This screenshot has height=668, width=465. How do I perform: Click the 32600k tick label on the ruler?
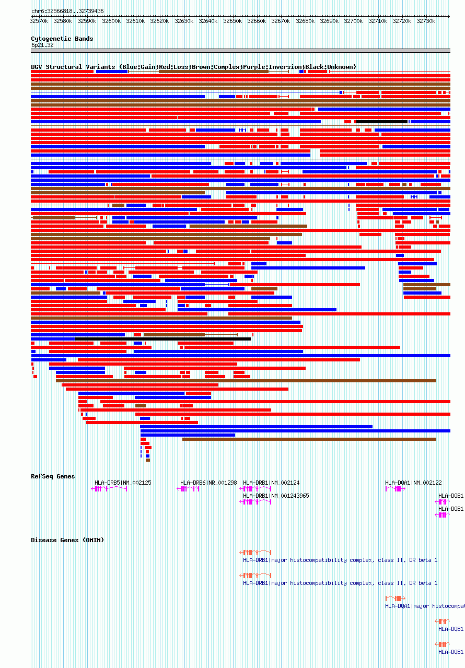tap(111, 21)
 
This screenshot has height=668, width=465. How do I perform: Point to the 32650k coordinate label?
tap(232, 21)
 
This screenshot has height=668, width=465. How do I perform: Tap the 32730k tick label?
tap(426, 21)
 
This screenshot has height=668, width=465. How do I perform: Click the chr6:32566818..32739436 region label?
tap(67, 11)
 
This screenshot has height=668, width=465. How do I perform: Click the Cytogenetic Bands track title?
tap(62, 39)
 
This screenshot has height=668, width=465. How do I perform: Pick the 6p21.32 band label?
tap(42, 45)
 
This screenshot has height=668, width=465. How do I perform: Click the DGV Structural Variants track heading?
tap(193, 67)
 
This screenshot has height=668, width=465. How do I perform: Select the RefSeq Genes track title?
tap(53, 476)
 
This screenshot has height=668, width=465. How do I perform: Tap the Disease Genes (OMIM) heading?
tap(67, 540)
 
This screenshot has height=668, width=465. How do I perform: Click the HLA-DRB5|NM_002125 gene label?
tap(123, 483)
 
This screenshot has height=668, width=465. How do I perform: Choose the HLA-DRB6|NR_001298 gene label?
tap(208, 483)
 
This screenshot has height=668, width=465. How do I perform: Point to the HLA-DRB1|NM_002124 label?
tap(271, 483)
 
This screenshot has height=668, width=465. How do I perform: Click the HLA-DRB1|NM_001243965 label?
tap(276, 496)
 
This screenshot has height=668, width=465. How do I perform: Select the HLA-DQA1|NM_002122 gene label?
tap(413, 483)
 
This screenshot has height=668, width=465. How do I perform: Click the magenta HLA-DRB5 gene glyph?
tap(109, 489)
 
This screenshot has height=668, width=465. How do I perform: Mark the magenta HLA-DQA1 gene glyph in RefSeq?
tap(396, 489)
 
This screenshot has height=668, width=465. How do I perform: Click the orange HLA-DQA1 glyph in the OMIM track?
tap(396, 599)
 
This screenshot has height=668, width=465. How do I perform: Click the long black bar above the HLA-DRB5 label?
tap(162, 339)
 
